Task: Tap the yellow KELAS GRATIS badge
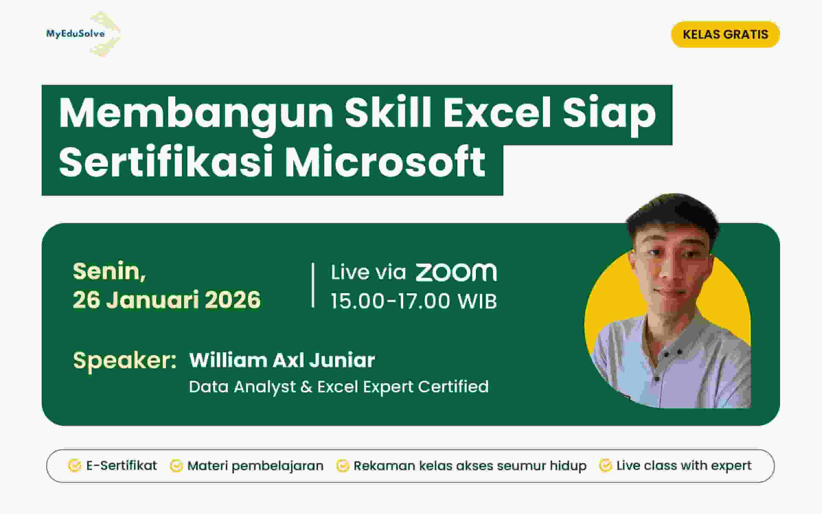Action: (x=725, y=34)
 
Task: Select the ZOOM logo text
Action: (x=456, y=272)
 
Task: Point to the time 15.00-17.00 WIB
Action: (x=414, y=301)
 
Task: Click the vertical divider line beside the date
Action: (x=313, y=285)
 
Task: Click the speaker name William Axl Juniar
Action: (x=282, y=360)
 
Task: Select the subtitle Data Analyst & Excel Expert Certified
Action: (x=339, y=387)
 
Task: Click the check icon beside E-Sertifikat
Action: (x=75, y=466)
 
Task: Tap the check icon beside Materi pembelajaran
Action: (x=176, y=466)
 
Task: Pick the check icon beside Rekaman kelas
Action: (x=343, y=466)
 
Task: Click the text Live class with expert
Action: (x=684, y=466)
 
